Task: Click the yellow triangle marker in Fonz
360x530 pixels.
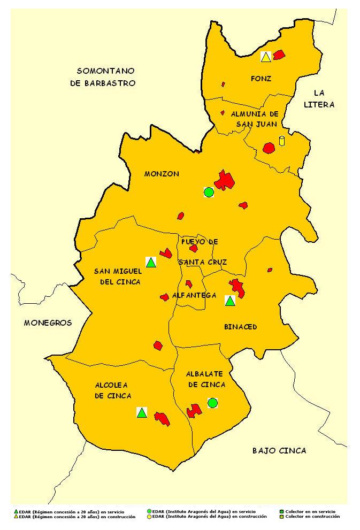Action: [265, 56]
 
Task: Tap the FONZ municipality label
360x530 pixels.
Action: [261, 79]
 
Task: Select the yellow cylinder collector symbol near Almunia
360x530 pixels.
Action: [282, 141]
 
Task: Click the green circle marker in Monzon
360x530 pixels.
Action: [209, 192]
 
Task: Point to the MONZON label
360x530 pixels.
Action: [162, 174]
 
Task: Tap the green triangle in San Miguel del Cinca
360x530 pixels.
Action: [151, 262]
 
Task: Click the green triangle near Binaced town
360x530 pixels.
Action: [230, 301]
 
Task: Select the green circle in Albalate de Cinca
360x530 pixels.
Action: [212, 403]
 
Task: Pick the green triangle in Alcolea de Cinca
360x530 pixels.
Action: [142, 412]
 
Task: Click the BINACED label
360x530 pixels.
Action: [240, 327]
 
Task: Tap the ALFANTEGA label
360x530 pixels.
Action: [194, 295]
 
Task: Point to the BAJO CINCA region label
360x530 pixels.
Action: [279, 451]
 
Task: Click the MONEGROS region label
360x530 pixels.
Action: [48, 323]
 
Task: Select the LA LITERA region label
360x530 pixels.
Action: [319, 99]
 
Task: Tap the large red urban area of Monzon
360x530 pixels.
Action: [225, 180]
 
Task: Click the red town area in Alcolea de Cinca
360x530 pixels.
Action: [162, 418]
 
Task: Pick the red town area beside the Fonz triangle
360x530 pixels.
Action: [279, 54]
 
